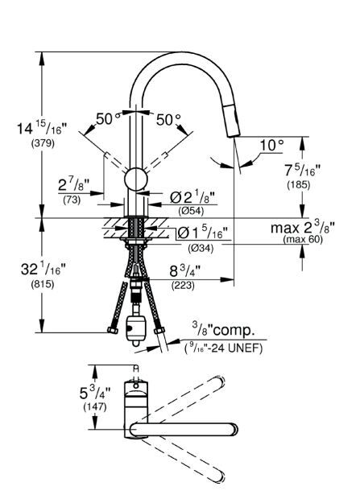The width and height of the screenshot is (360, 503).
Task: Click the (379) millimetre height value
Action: [x=43, y=143]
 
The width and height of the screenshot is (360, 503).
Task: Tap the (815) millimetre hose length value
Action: [x=43, y=284]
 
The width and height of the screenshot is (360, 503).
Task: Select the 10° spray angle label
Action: [x=272, y=146]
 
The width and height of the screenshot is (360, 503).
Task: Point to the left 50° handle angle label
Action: [x=108, y=119]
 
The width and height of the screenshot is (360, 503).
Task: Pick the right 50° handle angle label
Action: [x=168, y=120]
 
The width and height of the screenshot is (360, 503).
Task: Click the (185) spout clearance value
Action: [x=299, y=185]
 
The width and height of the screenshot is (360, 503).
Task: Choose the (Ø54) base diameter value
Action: [x=191, y=211]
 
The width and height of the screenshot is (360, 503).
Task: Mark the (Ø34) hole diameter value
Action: [x=201, y=248]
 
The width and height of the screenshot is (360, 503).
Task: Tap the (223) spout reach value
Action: [x=183, y=285]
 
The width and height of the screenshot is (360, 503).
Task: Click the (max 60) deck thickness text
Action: [x=303, y=239]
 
